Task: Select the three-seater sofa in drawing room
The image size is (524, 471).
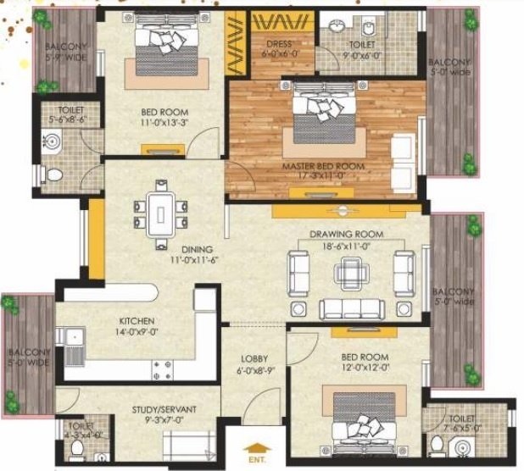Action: click(350, 308)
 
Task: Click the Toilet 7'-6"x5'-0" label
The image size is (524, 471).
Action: click(462, 424)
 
